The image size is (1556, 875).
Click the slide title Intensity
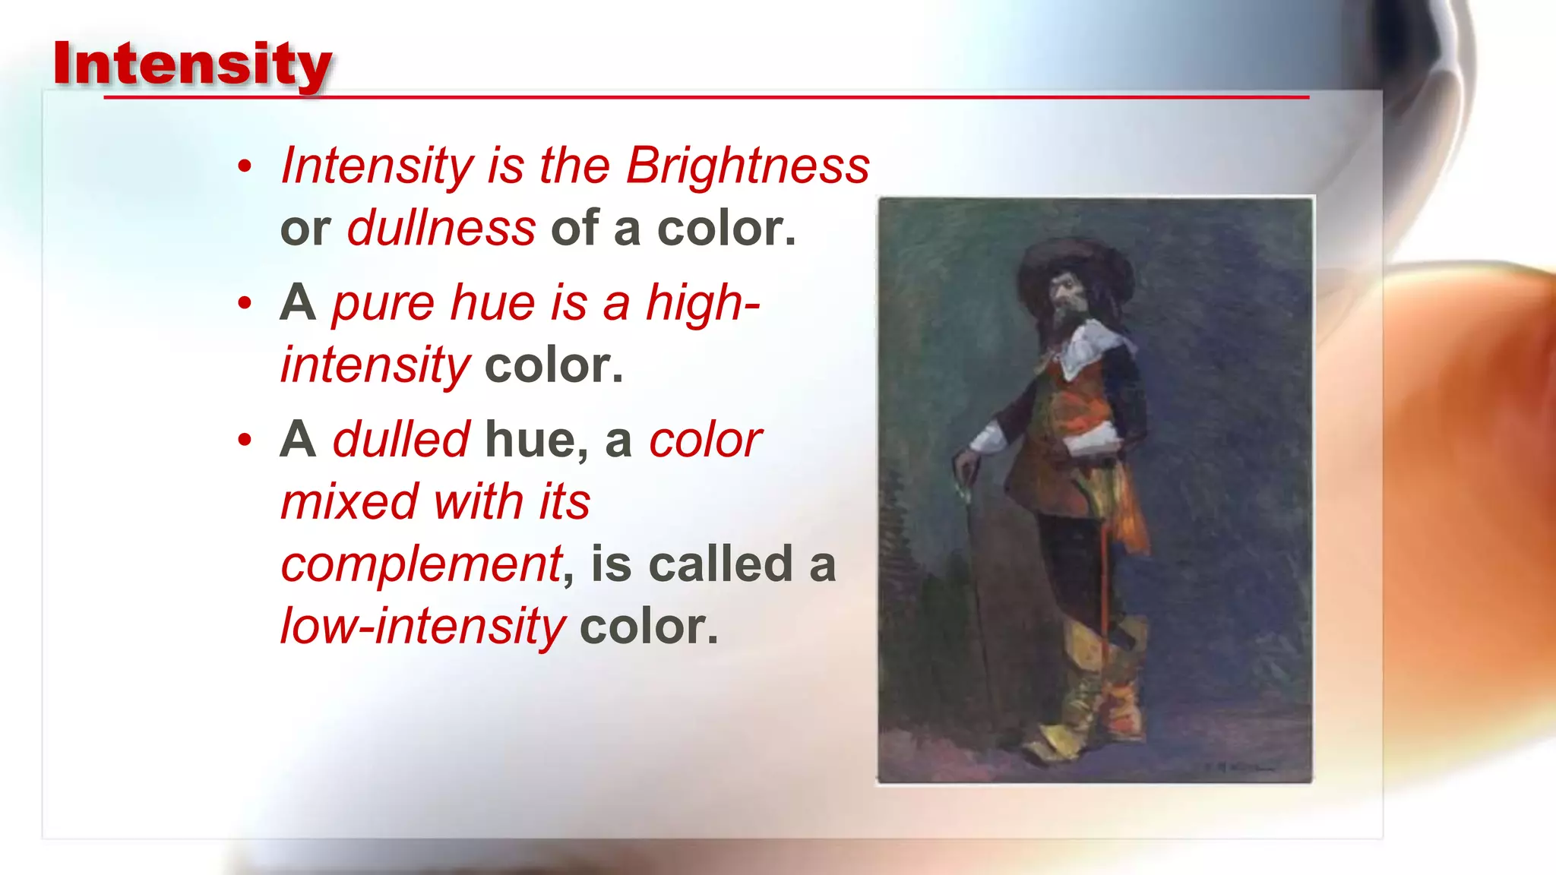click(192, 64)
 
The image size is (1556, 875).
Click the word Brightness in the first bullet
click(748, 165)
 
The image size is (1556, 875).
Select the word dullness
click(441, 228)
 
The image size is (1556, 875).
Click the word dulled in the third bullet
click(401, 440)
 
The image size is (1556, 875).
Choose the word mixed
click(349, 502)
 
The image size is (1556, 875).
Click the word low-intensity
click(422, 627)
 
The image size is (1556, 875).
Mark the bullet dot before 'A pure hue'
click(244, 303)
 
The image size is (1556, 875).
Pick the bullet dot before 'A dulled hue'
click(244, 440)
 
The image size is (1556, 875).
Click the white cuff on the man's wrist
click(988, 439)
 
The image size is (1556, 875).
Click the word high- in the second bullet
click(703, 302)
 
